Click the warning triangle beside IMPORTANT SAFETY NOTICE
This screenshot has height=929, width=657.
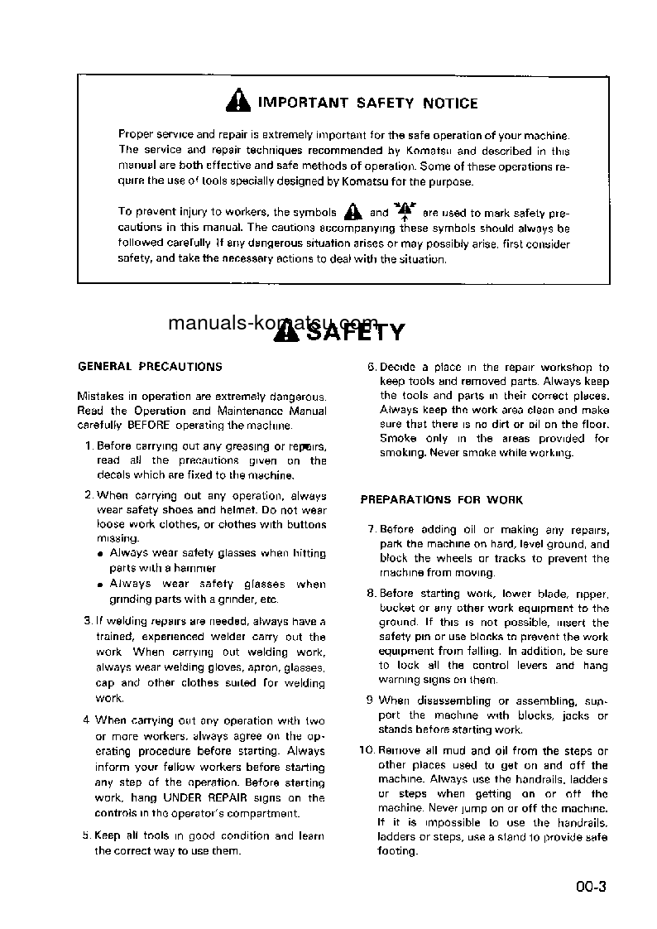[x=237, y=102]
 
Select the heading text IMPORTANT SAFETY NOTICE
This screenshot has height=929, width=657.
[x=368, y=103]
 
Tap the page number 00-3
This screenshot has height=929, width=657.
[x=592, y=888]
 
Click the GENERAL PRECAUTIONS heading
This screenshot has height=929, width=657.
[x=150, y=366]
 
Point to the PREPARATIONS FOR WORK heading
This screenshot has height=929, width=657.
[x=441, y=500]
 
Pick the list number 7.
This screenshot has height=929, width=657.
[x=372, y=530]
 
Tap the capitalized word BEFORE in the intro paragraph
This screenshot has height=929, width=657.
[x=148, y=426]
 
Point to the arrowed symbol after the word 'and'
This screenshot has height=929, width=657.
[x=405, y=210]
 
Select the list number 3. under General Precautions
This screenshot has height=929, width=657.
[x=89, y=620]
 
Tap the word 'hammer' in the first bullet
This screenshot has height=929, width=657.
[x=198, y=569]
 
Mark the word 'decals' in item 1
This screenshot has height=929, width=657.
[x=113, y=475]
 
